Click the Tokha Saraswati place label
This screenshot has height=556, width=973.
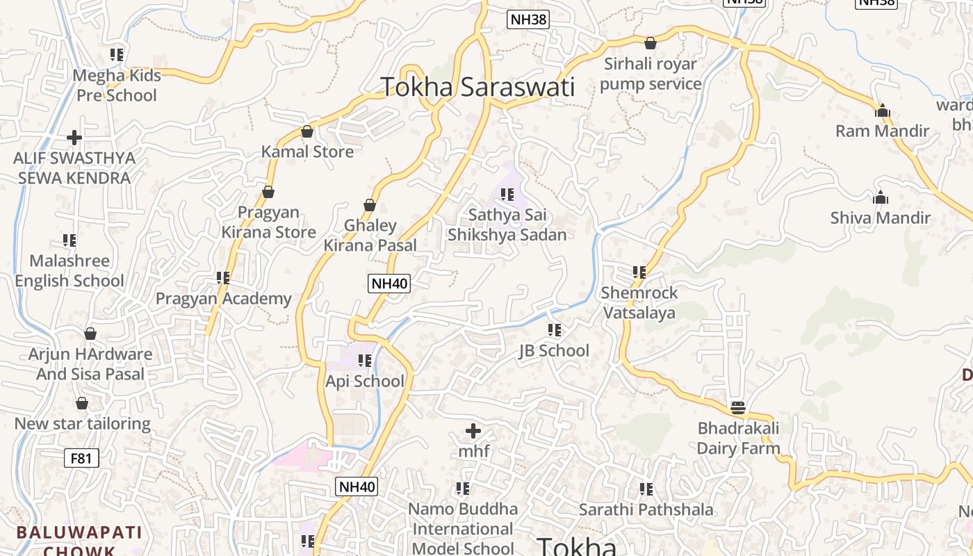tap(477, 88)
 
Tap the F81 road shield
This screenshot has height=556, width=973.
tap(81, 458)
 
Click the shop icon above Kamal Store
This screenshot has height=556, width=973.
tap(307, 131)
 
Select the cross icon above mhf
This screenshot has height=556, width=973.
tap(473, 431)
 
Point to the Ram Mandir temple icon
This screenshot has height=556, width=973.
tap(882, 111)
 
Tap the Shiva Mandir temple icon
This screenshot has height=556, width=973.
tap(881, 197)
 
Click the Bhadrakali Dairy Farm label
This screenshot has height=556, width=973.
tap(738, 438)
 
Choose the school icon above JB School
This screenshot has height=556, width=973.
tap(554, 330)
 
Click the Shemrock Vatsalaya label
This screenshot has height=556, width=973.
tap(639, 302)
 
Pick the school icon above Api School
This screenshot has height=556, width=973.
tap(365, 361)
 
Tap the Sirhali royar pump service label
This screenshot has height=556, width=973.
tap(651, 74)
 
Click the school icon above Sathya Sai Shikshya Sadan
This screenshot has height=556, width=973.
tap(507, 195)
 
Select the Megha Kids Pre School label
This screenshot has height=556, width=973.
tap(117, 85)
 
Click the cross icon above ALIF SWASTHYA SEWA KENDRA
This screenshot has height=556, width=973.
tap(74, 138)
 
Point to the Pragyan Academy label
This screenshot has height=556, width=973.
tap(223, 299)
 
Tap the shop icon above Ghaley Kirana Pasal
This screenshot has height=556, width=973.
tap(370, 205)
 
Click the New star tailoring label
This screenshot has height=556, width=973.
tap(82, 423)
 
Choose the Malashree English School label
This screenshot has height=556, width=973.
tap(69, 270)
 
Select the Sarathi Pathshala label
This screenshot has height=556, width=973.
tap(646, 509)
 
